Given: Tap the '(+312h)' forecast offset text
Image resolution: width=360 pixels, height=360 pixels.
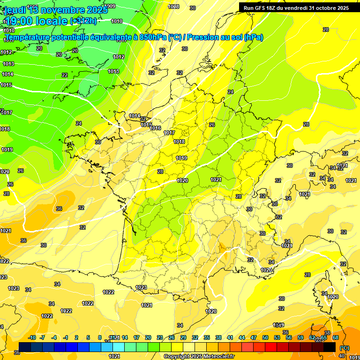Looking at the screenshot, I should [83, 21].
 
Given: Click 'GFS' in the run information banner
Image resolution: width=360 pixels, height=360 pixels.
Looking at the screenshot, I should [261, 8].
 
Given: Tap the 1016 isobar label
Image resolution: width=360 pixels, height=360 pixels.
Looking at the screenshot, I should [156, 128].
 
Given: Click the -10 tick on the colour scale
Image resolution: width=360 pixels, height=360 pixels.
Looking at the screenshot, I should [32, 337].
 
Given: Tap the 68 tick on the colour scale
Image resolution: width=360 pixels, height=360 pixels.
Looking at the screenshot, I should [335, 337].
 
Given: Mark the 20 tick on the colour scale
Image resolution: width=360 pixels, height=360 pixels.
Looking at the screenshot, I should [148, 337].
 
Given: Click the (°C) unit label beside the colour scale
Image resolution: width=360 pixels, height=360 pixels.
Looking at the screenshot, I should [345, 348].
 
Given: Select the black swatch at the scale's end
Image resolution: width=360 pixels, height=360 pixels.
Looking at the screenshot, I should [330, 347].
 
